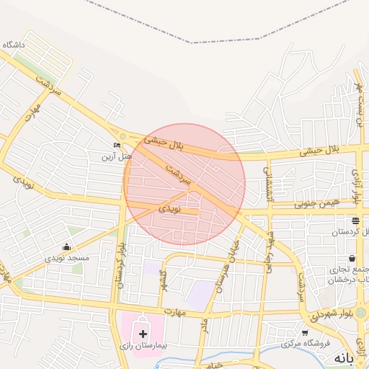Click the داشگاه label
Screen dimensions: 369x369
pyautogui.click(x=14, y=45)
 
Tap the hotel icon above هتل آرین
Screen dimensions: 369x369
pyautogui.click(x=117, y=146)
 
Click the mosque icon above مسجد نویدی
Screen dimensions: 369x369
pyautogui.click(x=67, y=247)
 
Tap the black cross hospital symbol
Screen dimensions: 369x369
pyautogui.click(x=143, y=334)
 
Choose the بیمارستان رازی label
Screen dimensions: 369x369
pyautogui.click(x=142, y=346)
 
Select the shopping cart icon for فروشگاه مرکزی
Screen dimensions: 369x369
pyautogui.click(x=305, y=333)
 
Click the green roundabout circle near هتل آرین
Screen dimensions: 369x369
pyautogui.click(x=123, y=136)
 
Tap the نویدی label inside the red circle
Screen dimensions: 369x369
pyautogui.click(x=170, y=208)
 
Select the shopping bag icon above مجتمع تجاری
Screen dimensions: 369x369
pyautogui.click(x=351, y=258)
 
